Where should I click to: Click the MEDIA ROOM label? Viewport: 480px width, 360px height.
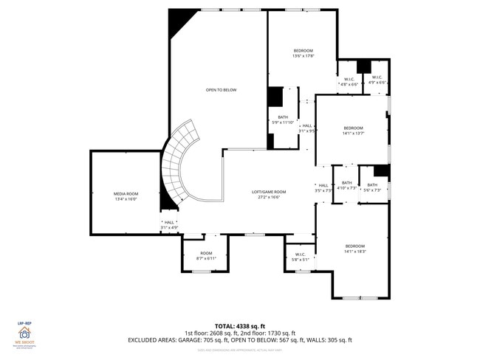126,193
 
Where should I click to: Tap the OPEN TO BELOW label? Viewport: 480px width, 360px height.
221,90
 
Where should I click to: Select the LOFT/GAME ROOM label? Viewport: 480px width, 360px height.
269,192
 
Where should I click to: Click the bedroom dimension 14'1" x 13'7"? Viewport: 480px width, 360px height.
353,134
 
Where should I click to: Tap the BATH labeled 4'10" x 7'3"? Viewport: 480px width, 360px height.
346,188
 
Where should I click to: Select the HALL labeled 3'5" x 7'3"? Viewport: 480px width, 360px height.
323,188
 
